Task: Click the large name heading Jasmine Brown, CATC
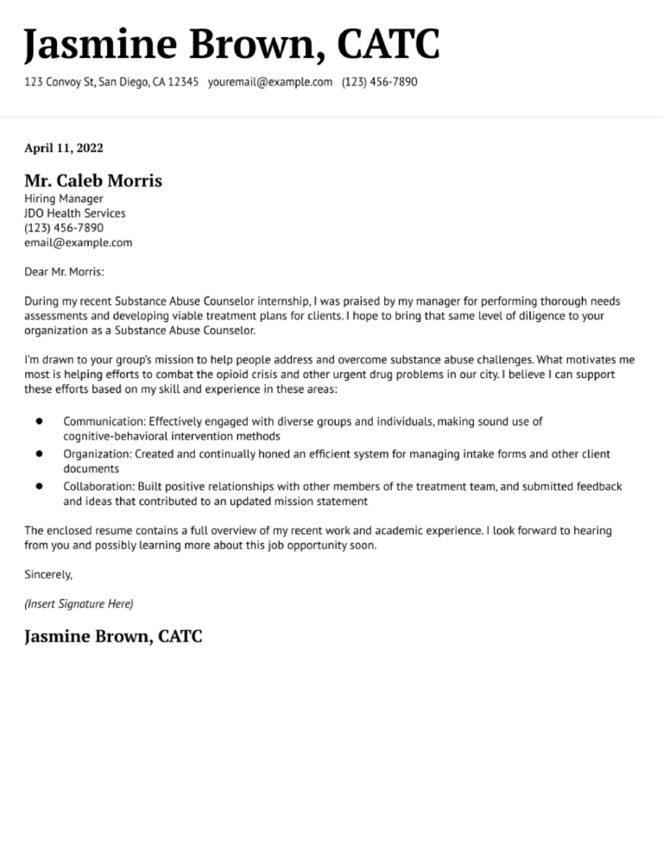231,45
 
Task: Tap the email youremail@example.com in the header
270,82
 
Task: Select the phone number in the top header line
379,82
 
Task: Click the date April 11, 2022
64,148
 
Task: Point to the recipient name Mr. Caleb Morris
92,181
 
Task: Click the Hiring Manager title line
64,199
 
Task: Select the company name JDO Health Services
74,213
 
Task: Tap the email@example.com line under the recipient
78,243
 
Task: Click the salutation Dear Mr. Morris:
64,272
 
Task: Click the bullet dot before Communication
40,421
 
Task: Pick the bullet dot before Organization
40,453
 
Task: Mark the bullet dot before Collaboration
40,486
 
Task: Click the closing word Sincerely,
48,574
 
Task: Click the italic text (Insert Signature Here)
79,603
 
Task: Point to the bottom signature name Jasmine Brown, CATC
113,637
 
